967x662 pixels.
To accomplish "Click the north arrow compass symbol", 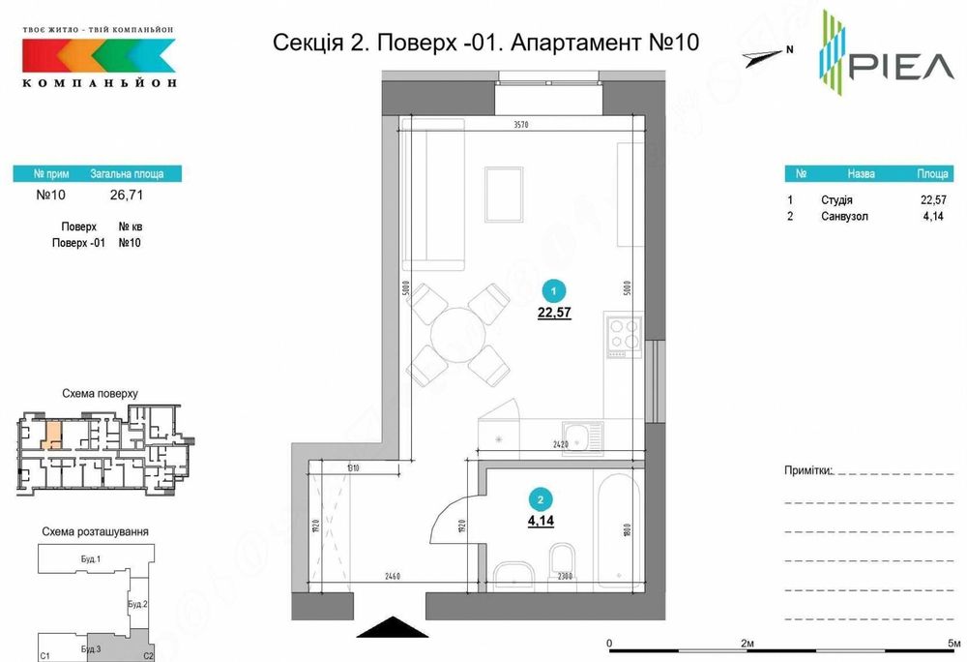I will pos(768,55).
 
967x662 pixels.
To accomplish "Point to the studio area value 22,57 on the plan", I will pos(552,312).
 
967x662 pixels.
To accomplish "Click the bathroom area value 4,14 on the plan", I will pos(540,520).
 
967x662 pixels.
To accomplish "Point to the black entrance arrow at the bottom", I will pos(389,628).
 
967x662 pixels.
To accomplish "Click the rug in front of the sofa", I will pos(504,194).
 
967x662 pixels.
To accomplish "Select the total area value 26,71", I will pos(127,194).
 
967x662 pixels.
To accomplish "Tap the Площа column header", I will pos(931,174).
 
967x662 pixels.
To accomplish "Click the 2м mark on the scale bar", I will pos(747,643).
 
